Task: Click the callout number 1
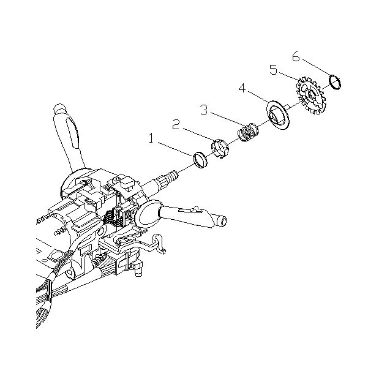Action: (151, 138)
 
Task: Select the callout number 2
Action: (176, 124)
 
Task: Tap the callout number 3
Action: (204, 110)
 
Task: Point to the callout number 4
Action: (242, 88)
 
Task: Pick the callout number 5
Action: (273, 70)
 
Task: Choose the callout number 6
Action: (296, 56)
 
